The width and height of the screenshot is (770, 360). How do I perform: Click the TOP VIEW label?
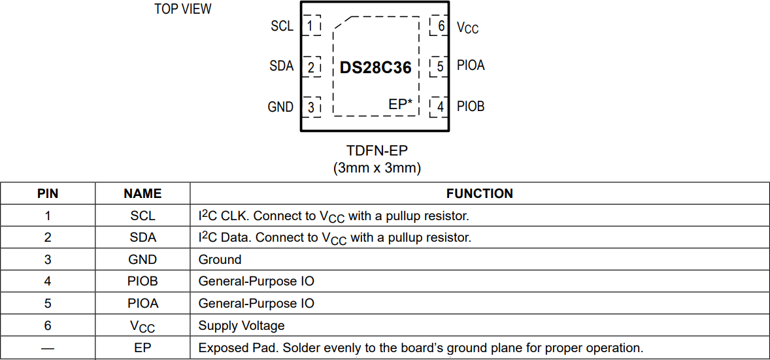pyautogui.click(x=183, y=9)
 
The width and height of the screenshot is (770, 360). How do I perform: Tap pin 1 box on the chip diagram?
pyautogui.click(x=311, y=25)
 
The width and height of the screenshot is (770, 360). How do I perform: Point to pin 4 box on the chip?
pyautogui.click(x=440, y=106)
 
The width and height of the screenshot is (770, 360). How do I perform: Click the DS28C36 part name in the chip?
pyautogui.click(x=376, y=67)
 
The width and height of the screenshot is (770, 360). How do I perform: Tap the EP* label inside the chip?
pyautogui.click(x=400, y=104)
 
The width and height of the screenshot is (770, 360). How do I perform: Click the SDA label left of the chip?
pyautogui.click(x=282, y=66)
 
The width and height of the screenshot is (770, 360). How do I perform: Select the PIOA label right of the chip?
pyautogui.click(x=471, y=65)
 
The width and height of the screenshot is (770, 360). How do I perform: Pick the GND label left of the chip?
pyautogui.click(x=280, y=106)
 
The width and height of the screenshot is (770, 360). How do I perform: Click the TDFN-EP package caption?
pyautogui.click(x=377, y=150)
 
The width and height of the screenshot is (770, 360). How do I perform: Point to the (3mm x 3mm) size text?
pyautogui.click(x=377, y=168)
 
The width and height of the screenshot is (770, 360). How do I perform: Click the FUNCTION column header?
pyautogui.click(x=480, y=193)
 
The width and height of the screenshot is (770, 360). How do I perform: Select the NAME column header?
pyautogui.click(x=142, y=193)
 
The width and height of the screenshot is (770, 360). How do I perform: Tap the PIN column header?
pyautogui.click(x=48, y=193)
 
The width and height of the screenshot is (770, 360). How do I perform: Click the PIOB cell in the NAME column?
pyautogui.click(x=142, y=282)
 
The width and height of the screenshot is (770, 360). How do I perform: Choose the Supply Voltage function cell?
pyautogui.click(x=241, y=325)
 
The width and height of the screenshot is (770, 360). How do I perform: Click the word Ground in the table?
pyautogui.click(x=220, y=259)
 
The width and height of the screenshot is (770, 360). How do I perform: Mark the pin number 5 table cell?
pyautogui.click(x=48, y=303)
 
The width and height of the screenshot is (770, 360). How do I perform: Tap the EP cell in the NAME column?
pyautogui.click(x=142, y=348)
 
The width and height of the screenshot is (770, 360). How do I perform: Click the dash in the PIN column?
pyautogui.click(x=48, y=348)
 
